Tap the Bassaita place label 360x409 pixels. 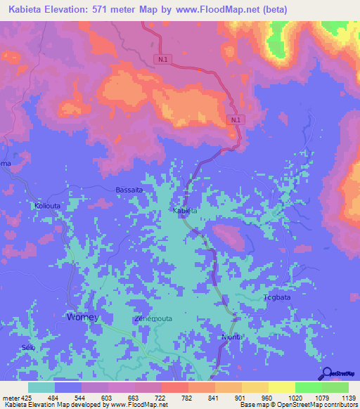[x=129, y=190]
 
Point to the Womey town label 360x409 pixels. [x=83, y=317]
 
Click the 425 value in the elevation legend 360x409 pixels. [x=27, y=397]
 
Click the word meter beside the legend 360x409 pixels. [x=10, y=397]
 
